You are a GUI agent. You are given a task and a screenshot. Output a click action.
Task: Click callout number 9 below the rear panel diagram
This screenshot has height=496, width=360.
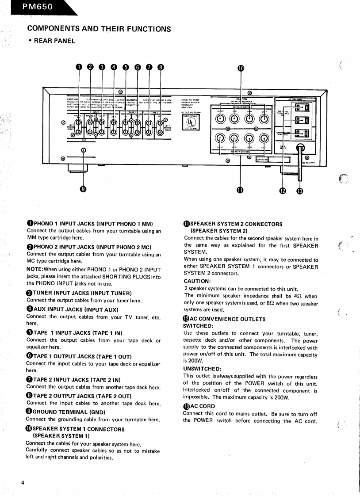pyautogui.click(x=83, y=190)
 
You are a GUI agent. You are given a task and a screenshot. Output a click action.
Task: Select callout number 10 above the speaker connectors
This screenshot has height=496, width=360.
pyautogui.click(x=241, y=68)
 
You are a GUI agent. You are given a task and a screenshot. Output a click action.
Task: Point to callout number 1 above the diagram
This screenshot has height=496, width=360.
pyautogui.click(x=79, y=67)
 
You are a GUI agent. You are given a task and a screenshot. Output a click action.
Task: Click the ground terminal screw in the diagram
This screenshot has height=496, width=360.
pyautogui.click(x=83, y=150)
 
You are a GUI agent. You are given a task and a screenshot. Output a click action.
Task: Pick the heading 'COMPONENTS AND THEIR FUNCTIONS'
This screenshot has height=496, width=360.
pyautogui.click(x=99, y=29)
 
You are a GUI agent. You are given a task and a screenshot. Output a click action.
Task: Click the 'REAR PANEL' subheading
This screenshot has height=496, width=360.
pyautogui.click(x=54, y=41)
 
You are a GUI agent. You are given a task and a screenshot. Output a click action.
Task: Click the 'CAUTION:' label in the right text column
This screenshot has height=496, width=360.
pyautogui.click(x=197, y=281)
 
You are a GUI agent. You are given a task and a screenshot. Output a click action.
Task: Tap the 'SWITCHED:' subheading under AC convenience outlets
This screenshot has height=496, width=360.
pyautogui.click(x=199, y=326)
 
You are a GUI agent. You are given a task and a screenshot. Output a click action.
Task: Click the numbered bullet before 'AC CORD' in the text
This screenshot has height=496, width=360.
pyautogui.click(x=186, y=406)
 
